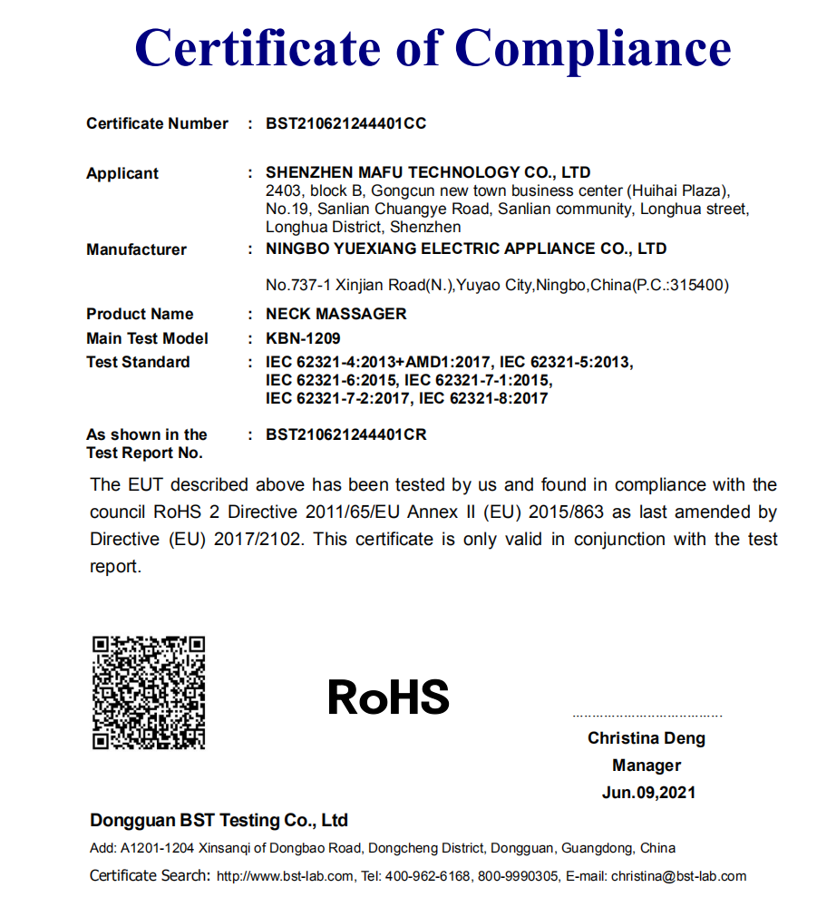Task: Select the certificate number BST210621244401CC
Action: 345,123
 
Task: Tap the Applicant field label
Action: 122,173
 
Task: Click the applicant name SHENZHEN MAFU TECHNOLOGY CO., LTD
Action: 428,172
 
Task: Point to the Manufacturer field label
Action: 136,249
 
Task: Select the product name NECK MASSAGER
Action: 336,314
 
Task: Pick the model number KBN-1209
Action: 303,338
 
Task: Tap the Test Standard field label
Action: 138,362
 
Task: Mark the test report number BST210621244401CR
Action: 345,434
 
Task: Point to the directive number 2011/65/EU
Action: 356,512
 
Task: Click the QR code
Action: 149,693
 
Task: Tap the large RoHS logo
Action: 388,697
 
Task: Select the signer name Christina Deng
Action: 646,737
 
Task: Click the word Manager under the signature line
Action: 646,765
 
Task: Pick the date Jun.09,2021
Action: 648,792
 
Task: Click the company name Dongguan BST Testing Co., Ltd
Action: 219,820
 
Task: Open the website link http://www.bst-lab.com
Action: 285,876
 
